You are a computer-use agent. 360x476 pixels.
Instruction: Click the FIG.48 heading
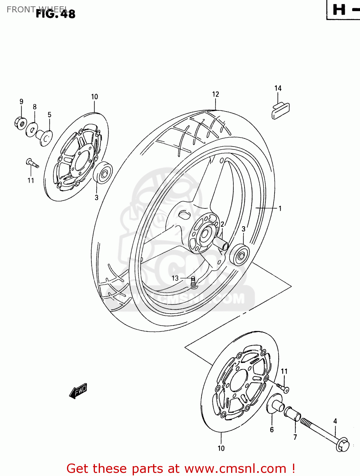[x=56, y=14]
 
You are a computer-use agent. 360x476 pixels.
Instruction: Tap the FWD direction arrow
[x=78, y=391]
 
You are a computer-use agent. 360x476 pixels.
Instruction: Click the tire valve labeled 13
[x=193, y=282]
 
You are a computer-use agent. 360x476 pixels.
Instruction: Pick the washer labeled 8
[x=32, y=129]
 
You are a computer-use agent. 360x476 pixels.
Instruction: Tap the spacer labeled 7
[x=292, y=414]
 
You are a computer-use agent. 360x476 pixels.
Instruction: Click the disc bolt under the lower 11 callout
[x=283, y=388]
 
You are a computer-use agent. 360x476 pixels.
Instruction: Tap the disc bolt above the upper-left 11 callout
[x=32, y=163]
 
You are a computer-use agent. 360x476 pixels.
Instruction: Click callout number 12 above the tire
[x=216, y=94]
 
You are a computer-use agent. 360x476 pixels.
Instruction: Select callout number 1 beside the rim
[x=280, y=208]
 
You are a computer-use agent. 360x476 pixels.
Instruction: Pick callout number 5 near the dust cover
[x=50, y=115]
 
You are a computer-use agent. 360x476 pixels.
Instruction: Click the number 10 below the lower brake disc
[x=221, y=448]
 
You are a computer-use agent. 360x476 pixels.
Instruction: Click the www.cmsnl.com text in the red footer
[x=235, y=468]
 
